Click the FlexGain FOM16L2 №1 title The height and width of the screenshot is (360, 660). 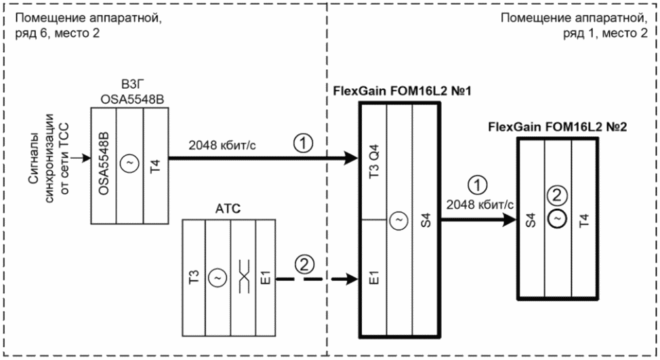(x=402, y=91)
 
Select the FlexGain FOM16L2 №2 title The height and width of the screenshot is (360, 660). (x=557, y=127)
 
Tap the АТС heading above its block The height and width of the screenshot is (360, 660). (x=228, y=208)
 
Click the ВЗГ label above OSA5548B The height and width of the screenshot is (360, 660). (x=130, y=85)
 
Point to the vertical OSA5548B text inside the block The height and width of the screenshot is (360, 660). (x=104, y=164)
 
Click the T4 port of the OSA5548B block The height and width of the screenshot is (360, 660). (x=156, y=165)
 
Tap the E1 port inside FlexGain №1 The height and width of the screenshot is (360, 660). (x=374, y=277)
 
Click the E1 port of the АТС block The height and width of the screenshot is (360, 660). (x=266, y=277)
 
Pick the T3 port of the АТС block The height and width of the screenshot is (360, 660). (x=194, y=277)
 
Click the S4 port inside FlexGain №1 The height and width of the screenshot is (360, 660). (x=426, y=220)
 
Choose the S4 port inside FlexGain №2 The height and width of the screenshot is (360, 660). (x=531, y=220)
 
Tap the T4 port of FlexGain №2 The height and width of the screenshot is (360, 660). (x=584, y=220)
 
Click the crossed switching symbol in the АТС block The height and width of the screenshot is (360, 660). (x=244, y=277)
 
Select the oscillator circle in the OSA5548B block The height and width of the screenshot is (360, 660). (x=129, y=163)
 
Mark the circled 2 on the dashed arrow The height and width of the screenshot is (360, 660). (x=304, y=264)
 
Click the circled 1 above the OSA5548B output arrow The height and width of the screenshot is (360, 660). (x=303, y=143)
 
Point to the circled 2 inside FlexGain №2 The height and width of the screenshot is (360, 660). (x=557, y=195)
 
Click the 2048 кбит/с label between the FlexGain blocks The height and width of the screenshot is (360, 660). (x=480, y=205)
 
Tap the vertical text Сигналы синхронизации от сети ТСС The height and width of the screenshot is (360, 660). (x=47, y=159)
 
